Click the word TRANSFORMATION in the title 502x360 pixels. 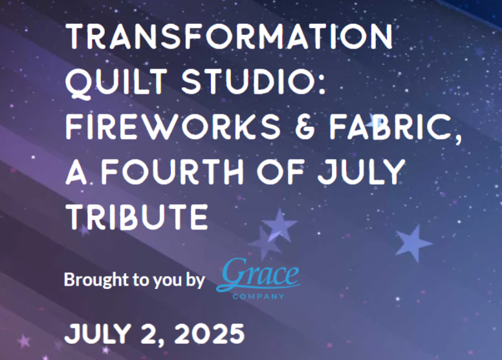pyautogui.click(x=229, y=36)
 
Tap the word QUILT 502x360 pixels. pyautogui.click(x=116, y=81)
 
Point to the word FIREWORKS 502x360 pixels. pyautogui.click(x=173, y=127)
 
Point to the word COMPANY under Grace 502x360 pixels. pyautogui.click(x=258, y=296)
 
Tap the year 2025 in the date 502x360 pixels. pyautogui.click(x=210, y=334)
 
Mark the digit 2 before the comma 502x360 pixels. pyautogui.click(x=148, y=334)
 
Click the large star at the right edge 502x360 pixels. pyautogui.click(x=413, y=243)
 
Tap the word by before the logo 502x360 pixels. pyautogui.click(x=195, y=281)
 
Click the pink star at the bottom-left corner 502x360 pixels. pyautogui.click(x=24, y=341)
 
